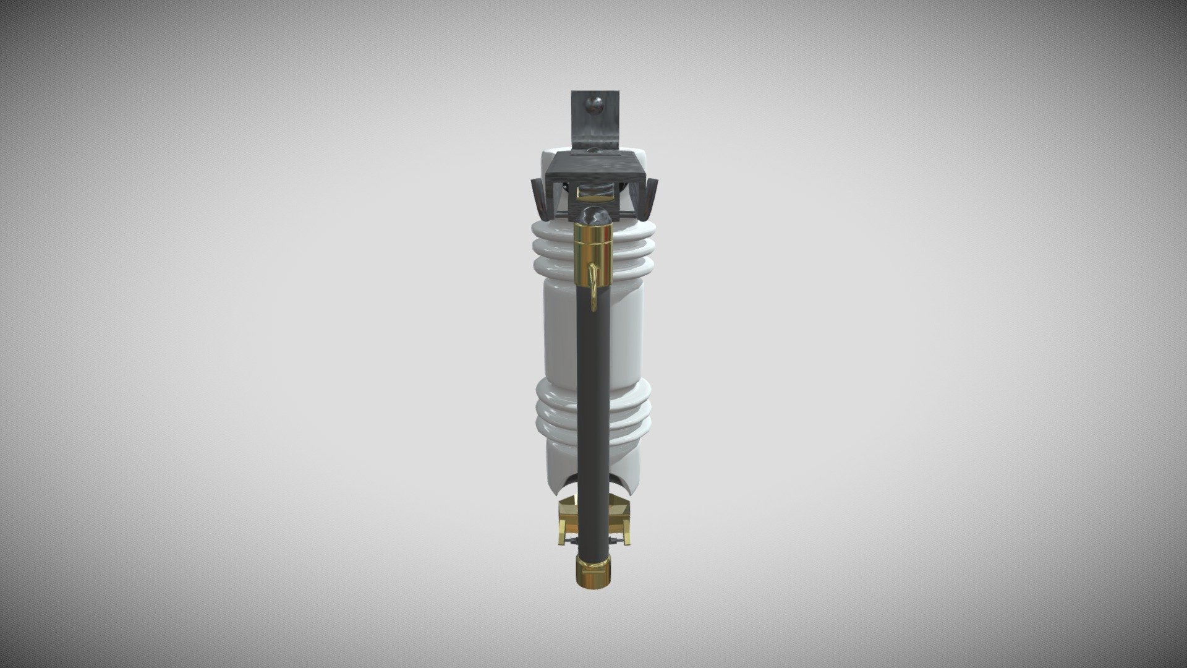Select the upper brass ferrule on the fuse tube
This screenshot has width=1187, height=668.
click(593, 244)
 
